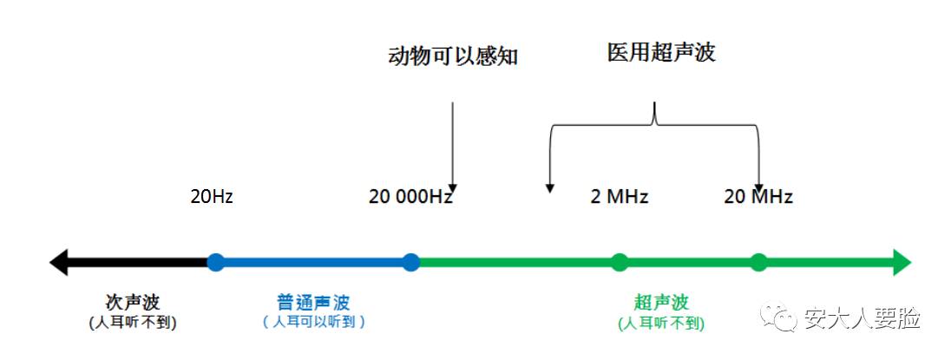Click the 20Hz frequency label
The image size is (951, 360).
tap(212, 197)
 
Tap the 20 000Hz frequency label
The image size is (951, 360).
tap(411, 197)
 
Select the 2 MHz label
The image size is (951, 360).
tap(620, 197)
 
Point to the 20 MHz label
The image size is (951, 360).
tap(758, 197)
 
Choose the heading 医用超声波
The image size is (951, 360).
tap(661, 52)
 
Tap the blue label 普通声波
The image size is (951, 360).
tap(313, 302)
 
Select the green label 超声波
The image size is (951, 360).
tap(661, 302)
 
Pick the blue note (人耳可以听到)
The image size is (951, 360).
tap(313, 322)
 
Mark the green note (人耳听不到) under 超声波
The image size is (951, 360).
tap(661, 323)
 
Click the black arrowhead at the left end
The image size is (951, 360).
tap(59, 262)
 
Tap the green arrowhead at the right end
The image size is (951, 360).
tap(902, 262)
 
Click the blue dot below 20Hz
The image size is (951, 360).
tap(215, 262)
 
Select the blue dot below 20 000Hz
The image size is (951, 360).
tap(411, 262)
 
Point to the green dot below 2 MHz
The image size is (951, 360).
tap(620, 262)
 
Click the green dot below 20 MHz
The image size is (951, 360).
tap(759, 262)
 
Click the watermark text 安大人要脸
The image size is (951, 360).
tap(862, 318)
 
